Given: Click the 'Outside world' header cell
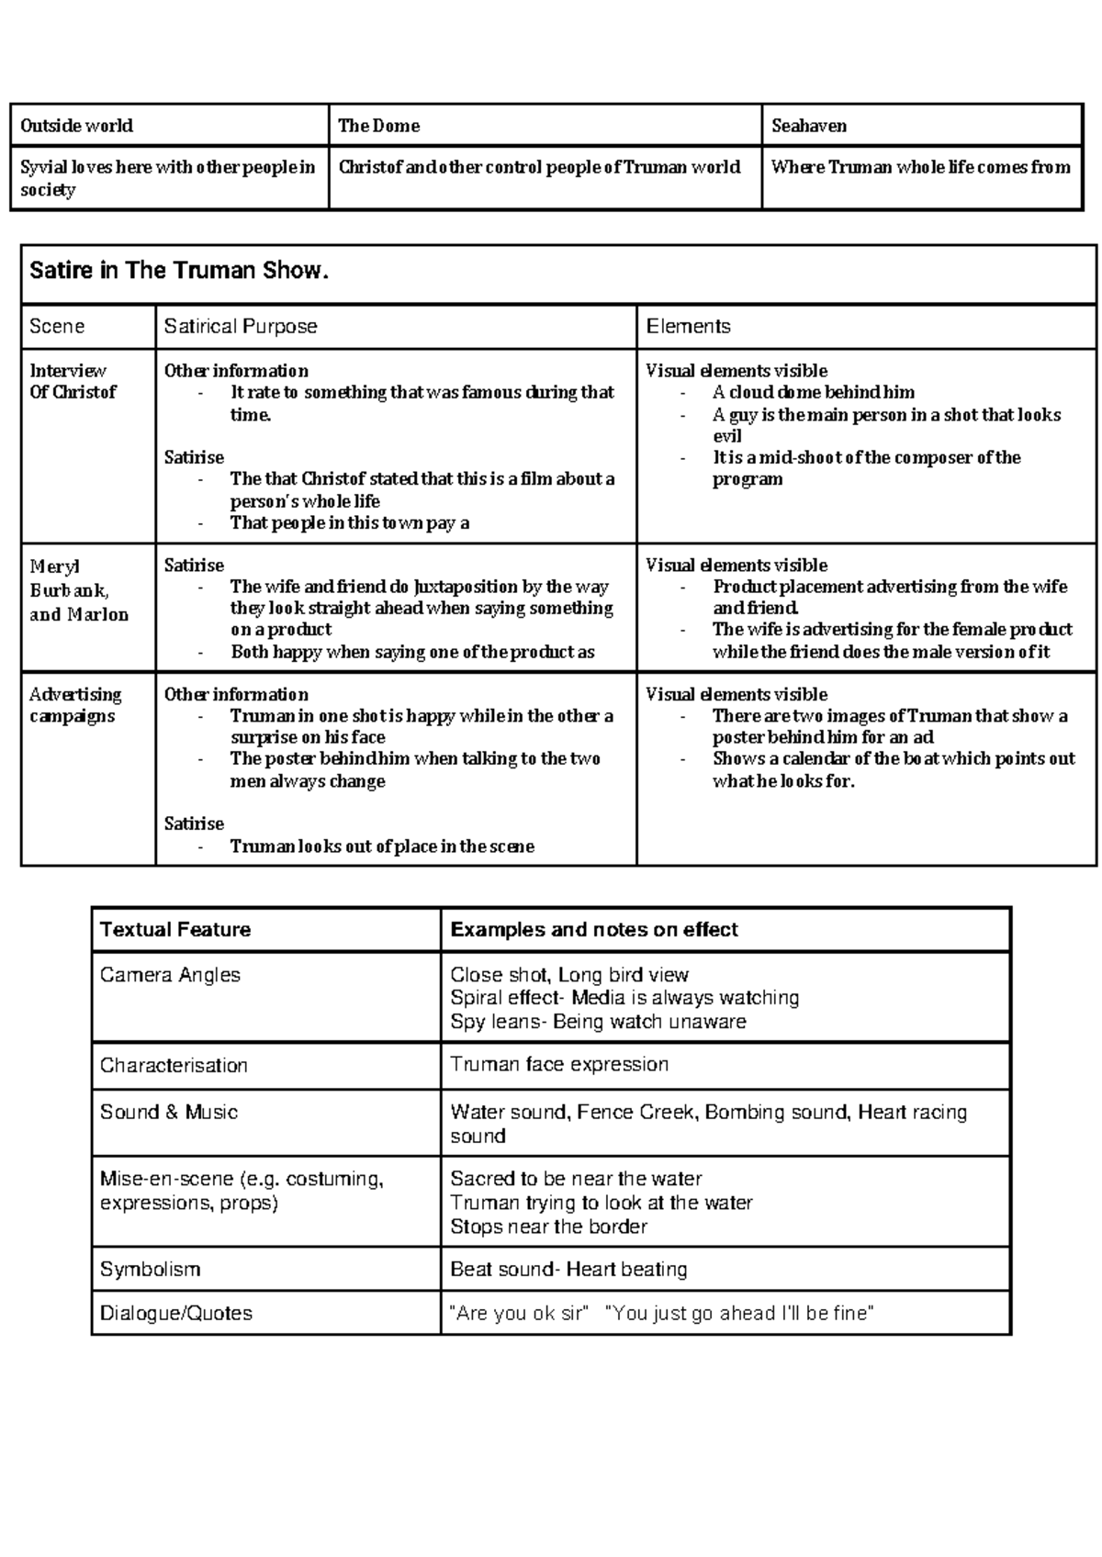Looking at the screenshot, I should (x=77, y=126).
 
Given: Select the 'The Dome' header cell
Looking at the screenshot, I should (x=379, y=126).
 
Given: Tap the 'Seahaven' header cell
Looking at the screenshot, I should (x=809, y=126).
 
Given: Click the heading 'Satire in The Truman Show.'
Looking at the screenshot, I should (x=179, y=271).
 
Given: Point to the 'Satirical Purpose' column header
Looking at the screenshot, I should (x=241, y=326).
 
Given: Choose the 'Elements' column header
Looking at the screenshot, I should (x=689, y=326).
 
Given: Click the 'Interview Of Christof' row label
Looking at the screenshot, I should (x=73, y=381).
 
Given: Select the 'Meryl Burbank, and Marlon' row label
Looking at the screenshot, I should (x=78, y=590).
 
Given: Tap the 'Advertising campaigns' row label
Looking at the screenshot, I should (x=74, y=705).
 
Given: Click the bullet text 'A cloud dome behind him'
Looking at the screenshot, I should (x=814, y=392).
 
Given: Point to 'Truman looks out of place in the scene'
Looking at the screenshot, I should (x=382, y=846).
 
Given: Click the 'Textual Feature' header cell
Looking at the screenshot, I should (x=175, y=929).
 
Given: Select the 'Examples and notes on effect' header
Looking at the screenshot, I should (x=594, y=929).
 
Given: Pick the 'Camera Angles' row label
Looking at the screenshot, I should (x=170, y=975).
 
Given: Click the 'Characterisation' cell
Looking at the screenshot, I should (x=174, y=1065).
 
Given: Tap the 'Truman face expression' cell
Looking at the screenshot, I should (x=559, y=1064).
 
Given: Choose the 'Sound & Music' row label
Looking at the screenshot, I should (x=169, y=1112).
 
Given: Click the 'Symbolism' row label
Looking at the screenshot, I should (x=150, y=1269).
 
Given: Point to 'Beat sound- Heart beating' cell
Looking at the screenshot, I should (x=568, y=1269).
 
